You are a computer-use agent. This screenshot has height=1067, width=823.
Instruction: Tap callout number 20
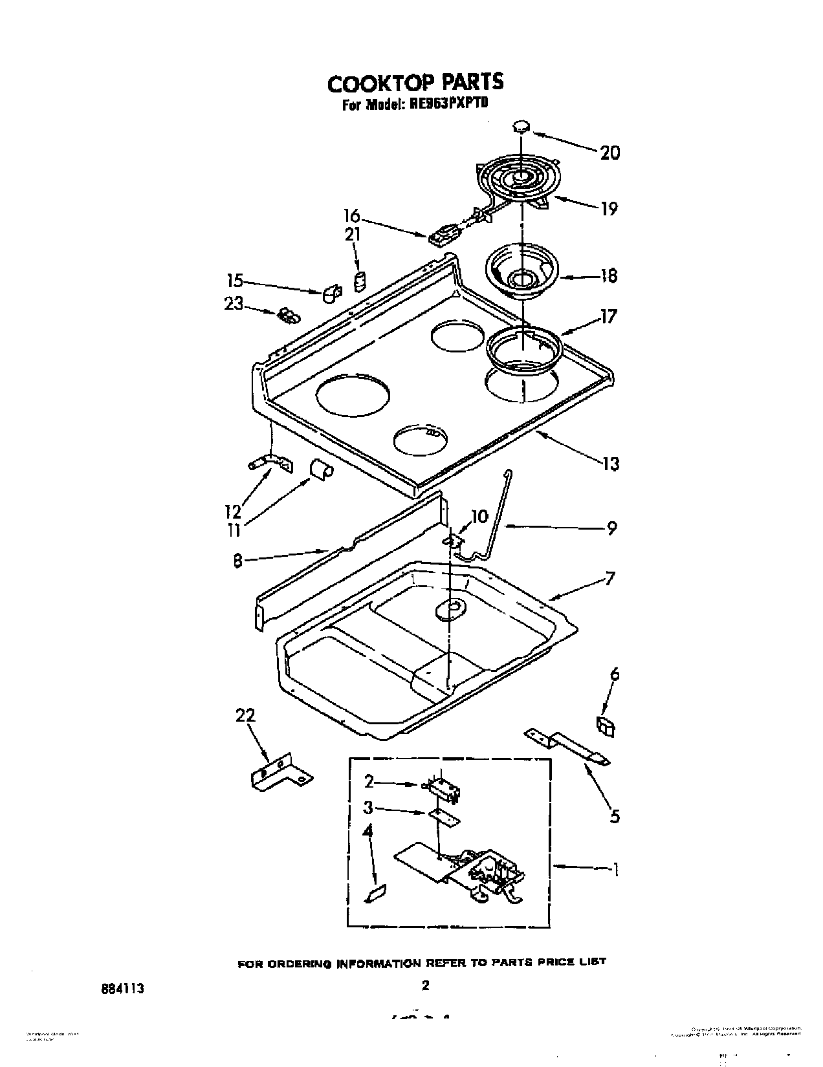click(609, 153)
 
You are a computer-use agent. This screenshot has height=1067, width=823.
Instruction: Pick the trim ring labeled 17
click(523, 349)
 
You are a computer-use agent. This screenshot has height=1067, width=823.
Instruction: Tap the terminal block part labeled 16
click(439, 235)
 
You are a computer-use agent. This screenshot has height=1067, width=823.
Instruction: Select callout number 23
click(234, 303)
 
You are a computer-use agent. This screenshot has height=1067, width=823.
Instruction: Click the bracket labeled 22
click(278, 772)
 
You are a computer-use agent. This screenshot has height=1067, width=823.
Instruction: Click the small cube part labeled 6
click(606, 727)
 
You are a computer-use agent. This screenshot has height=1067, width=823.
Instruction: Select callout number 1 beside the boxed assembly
click(615, 870)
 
